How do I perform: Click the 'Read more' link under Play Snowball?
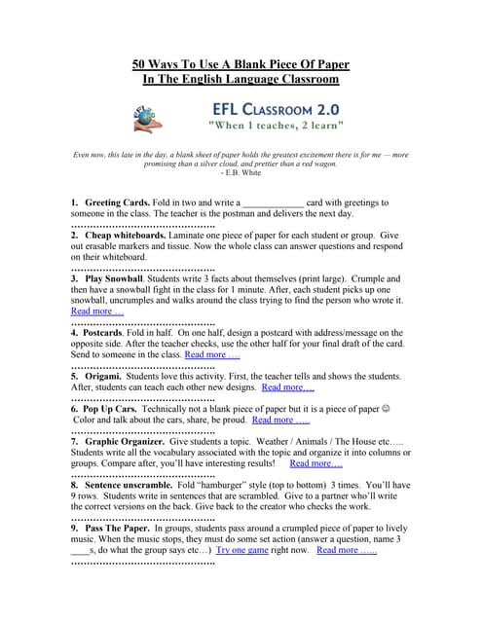point(97,311)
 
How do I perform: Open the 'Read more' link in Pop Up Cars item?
point(280,421)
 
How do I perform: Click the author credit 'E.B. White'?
point(241,176)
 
